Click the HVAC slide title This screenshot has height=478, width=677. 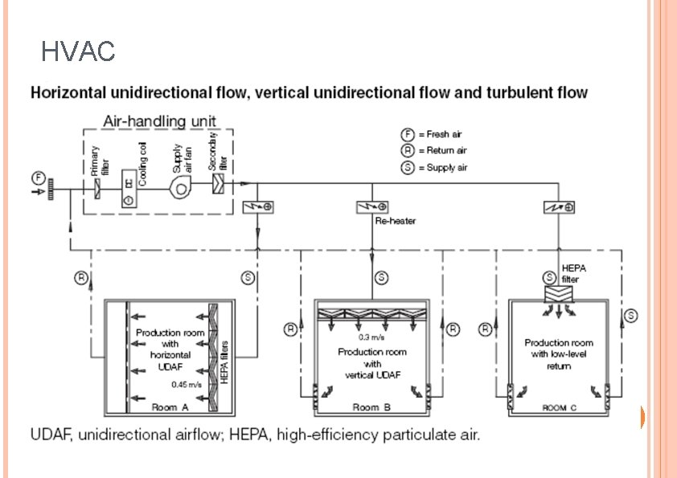point(78,53)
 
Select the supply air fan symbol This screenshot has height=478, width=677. point(180,185)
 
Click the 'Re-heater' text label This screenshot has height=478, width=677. point(396,221)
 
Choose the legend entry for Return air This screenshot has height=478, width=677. point(434,150)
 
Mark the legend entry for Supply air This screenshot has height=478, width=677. point(434,167)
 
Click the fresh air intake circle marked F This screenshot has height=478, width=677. point(37,178)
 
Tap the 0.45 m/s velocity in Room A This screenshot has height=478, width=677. point(185,384)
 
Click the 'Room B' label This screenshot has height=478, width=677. point(371,407)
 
